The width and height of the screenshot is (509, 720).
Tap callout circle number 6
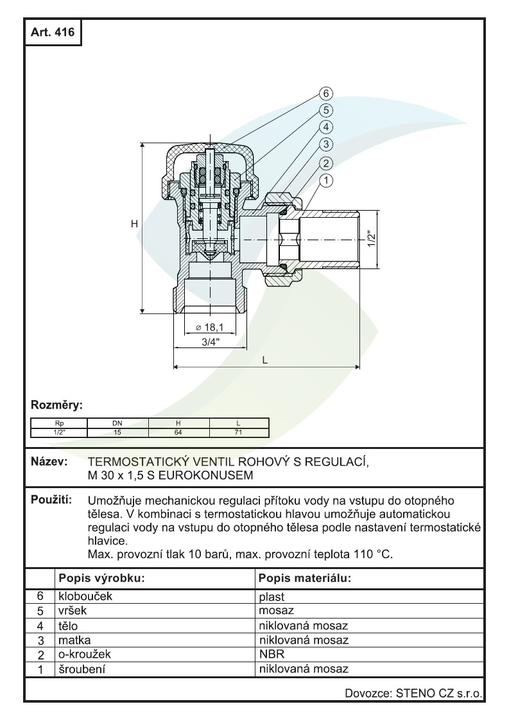(327, 94)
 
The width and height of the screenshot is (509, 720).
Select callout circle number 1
(327, 180)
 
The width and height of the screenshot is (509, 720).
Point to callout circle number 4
(327, 127)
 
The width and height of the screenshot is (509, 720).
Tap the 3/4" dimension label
(209, 342)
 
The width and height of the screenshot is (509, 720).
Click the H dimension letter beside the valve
(135, 224)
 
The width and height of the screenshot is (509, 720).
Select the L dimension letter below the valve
(264, 360)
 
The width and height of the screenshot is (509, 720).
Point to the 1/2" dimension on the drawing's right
(370, 239)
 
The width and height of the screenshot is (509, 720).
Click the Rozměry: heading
(58, 405)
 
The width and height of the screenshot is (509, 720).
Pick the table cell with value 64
(178, 432)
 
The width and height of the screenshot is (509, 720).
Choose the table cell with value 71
(239, 432)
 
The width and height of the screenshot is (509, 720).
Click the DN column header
(117, 423)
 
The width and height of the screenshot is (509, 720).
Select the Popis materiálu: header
(304, 577)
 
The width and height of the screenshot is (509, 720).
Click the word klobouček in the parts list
(85, 596)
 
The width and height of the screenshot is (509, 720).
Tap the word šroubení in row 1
(83, 669)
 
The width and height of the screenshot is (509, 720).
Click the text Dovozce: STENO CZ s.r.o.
(413, 693)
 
